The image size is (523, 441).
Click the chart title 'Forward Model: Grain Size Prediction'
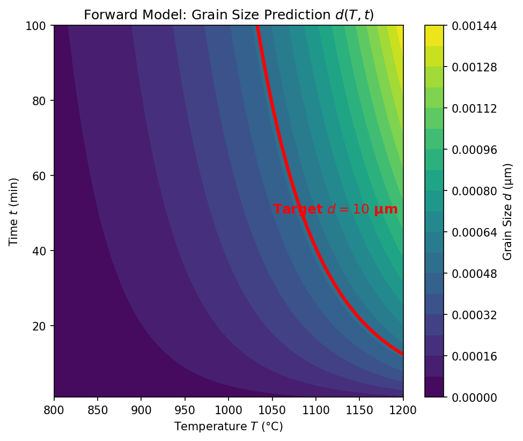click(x=229, y=15)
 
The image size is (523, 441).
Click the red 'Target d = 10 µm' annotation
click(x=335, y=209)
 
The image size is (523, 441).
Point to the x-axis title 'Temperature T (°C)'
click(x=229, y=427)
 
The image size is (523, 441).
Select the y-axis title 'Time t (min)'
click(x=14, y=211)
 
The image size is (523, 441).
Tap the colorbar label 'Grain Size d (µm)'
click(x=507, y=211)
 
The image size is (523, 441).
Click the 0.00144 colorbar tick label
click(x=473, y=26)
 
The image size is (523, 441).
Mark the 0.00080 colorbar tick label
click(x=473, y=191)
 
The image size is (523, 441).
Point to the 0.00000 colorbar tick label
click(x=473, y=397)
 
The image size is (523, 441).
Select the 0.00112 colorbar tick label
click(x=473, y=108)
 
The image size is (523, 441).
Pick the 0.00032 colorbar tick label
click(x=473, y=315)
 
